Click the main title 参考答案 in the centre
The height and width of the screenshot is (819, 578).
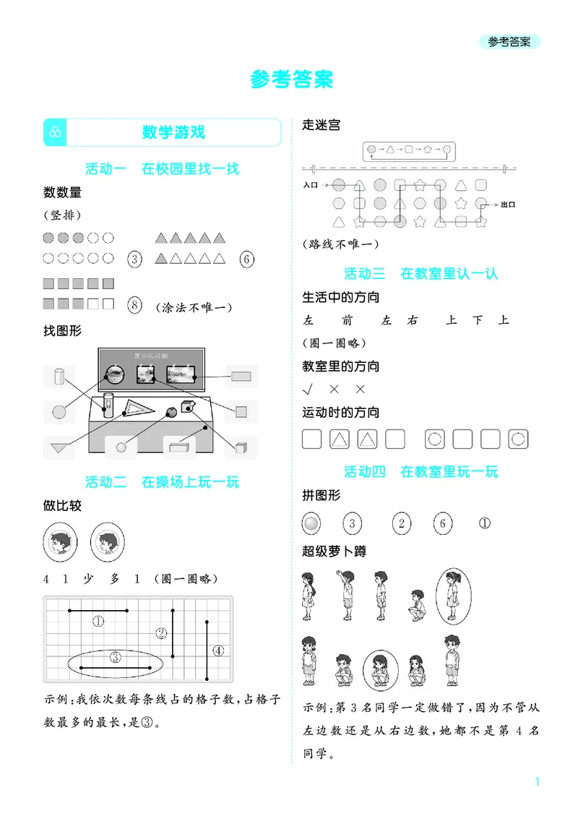coord(292,80)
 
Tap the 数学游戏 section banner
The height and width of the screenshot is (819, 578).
coord(173,132)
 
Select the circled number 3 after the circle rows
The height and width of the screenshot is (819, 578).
coord(134,259)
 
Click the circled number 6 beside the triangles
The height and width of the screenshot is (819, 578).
coord(246,259)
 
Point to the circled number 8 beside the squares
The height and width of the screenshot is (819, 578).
coord(134,304)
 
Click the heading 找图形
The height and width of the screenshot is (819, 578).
coord(63,331)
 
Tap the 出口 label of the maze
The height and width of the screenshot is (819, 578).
coord(507,205)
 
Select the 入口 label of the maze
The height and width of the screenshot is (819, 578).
coord(311,185)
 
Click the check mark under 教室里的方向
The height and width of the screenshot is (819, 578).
coord(308,389)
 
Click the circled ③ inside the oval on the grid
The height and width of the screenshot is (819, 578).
coord(115,657)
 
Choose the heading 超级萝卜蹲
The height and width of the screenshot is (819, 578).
coord(335,552)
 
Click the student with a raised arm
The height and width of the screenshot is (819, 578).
coord(345,593)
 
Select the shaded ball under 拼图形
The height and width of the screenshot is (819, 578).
coord(311,523)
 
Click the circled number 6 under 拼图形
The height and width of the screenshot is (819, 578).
coord(443,523)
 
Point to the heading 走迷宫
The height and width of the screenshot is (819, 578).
coord(321,125)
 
